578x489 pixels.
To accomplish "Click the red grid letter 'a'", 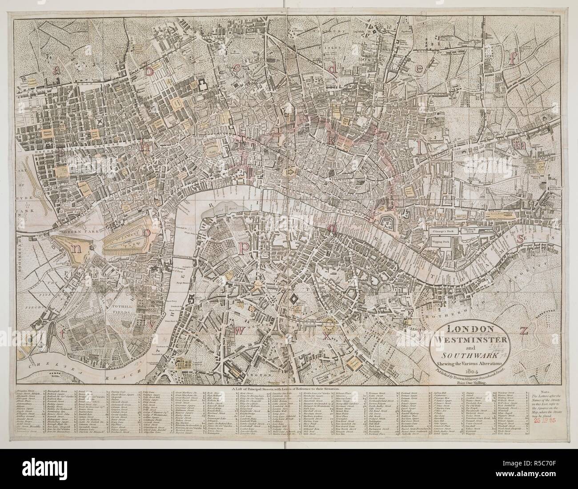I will coord(56,69).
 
